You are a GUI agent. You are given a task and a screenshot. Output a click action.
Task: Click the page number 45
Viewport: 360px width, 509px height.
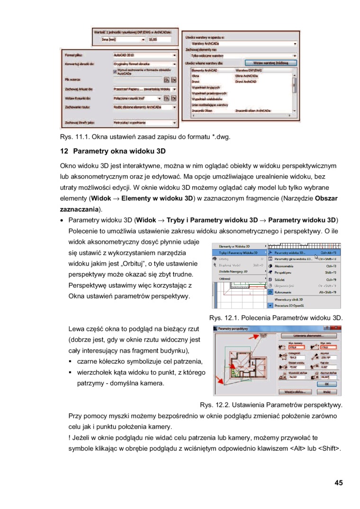tap(338, 483)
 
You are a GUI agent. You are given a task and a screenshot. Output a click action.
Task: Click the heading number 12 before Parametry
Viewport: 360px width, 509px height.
tap(64, 152)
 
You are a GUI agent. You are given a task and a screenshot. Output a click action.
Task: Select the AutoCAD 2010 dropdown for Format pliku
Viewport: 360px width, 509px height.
tap(144, 55)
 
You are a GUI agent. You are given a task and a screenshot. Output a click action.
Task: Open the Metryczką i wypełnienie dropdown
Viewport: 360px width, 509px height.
tap(144, 123)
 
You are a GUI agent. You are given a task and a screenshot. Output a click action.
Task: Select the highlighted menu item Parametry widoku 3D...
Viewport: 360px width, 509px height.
tap(303, 253)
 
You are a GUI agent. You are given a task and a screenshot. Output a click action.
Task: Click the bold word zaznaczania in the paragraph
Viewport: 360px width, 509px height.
tap(79, 209)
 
